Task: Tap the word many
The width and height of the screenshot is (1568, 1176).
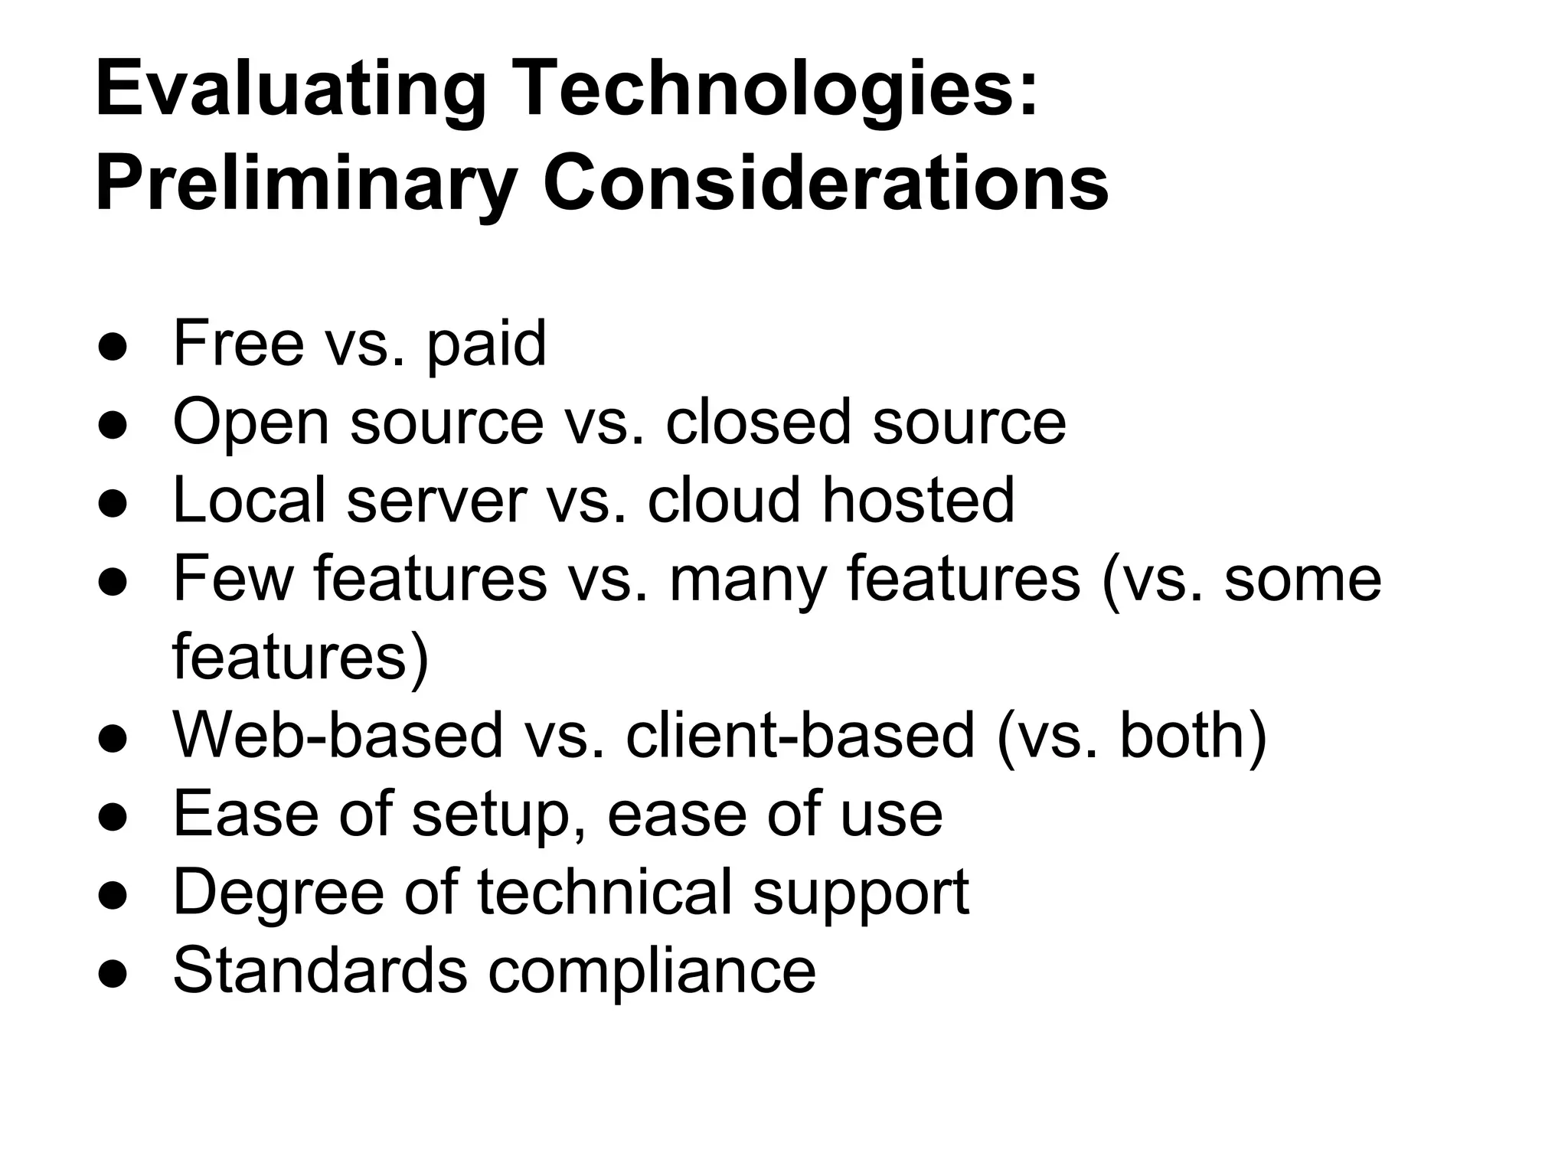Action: pos(747,580)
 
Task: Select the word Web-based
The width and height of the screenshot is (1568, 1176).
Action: pos(337,736)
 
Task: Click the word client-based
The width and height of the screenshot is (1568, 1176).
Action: pos(800,736)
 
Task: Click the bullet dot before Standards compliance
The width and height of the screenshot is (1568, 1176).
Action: pos(113,973)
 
